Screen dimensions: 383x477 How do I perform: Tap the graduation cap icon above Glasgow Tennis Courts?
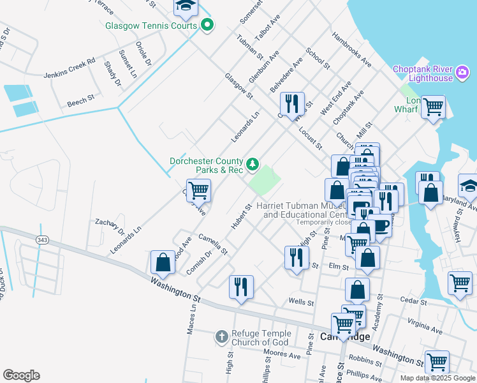[186, 6]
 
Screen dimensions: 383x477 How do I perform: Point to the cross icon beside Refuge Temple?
[221, 336]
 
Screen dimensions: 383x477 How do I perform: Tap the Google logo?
[21, 375]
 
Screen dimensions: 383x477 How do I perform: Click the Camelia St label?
[213, 244]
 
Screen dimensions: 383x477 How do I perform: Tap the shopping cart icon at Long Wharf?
[433, 106]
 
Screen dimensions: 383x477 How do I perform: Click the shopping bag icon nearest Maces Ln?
[163, 262]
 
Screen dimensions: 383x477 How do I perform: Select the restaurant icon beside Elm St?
[296, 257]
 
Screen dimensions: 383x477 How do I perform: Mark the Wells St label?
[302, 300]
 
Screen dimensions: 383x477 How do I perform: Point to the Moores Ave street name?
[282, 353]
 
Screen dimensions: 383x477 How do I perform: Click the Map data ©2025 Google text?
[437, 378]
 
